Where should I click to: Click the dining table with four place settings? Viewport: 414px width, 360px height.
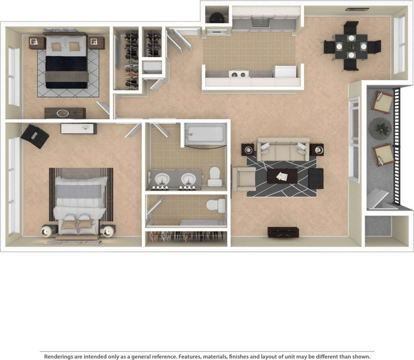coord(351,47)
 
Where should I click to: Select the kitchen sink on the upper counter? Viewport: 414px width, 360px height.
coord(260,23)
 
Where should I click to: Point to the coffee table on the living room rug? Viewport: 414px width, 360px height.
coord(282,176)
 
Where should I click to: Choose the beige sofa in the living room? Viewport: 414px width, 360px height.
coord(283,149)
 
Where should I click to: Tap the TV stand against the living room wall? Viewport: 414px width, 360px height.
coord(283,232)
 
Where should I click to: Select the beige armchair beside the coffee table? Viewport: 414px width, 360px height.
coord(244,179)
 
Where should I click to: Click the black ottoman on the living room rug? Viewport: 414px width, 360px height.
coord(316,178)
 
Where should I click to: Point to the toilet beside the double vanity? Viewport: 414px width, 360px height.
coord(215,176)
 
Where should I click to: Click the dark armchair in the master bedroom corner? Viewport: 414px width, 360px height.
coord(35,136)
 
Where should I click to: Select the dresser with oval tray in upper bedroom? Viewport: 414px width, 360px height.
coord(65,113)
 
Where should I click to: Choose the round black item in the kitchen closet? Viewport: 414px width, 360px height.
coord(216,17)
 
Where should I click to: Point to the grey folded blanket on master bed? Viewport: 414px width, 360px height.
coord(78,191)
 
